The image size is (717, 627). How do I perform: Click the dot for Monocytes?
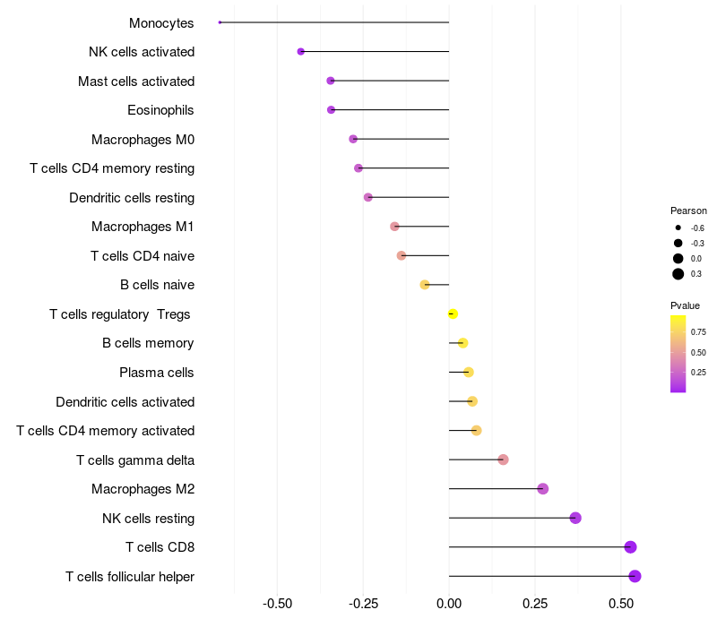[x=220, y=22]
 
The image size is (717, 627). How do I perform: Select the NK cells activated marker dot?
[x=301, y=52]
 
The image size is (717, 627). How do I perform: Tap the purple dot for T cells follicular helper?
[x=635, y=576]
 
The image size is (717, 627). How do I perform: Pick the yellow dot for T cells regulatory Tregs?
[x=453, y=313]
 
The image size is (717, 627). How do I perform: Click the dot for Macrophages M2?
[x=543, y=489]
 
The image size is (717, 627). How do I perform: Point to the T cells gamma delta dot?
[x=503, y=460]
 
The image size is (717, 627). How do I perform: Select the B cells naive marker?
[x=425, y=285]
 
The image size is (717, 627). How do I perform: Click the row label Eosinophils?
[x=161, y=110]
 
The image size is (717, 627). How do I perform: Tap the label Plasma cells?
[x=157, y=373]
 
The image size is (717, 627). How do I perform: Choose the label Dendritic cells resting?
[x=132, y=197]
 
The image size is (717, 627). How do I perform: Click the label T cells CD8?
[x=160, y=547]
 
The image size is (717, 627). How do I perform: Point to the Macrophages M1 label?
[x=143, y=227]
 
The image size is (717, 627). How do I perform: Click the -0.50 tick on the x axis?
[x=277, y=604]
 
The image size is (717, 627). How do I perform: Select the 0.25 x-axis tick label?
[x=535, y=604]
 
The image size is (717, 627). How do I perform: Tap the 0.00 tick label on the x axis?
[x=449, y=604]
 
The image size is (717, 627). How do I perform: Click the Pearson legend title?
[x=688, y=210]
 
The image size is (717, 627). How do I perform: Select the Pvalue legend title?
[x=686, y=305]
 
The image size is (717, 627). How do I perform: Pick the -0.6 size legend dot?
[x=678, y=228]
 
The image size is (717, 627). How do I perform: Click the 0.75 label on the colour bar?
[x=698, y=331]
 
